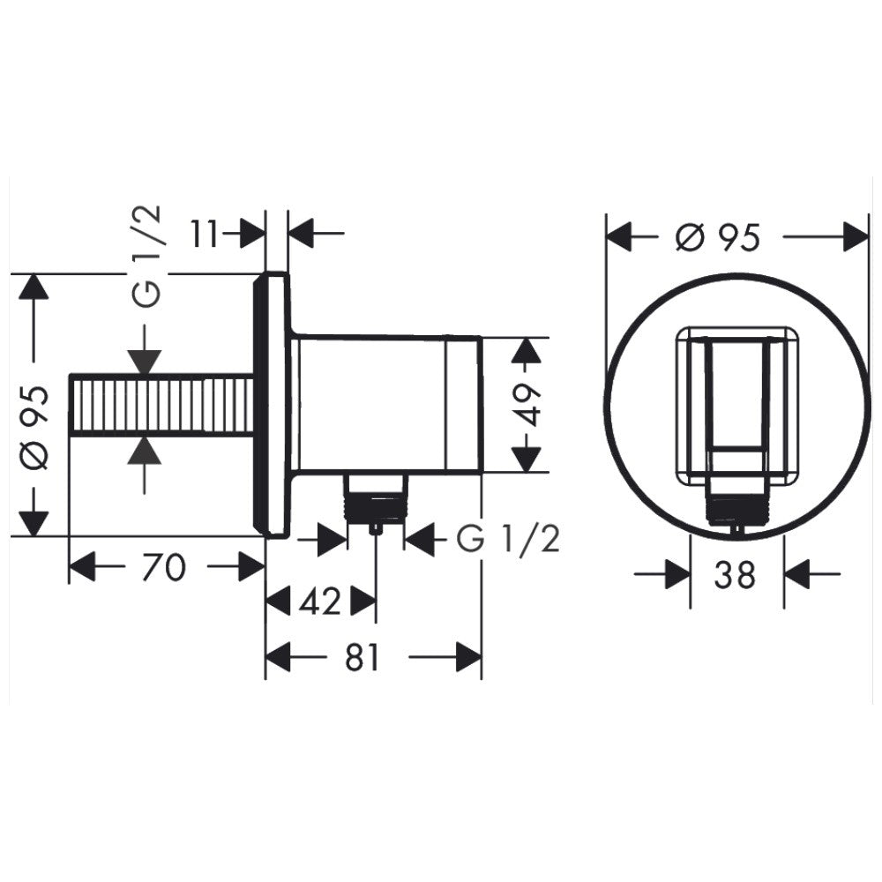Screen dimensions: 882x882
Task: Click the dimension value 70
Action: pyautogui.click(x=163, y=566)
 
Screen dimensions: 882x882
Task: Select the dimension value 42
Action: pyautogui.click(x=320, y=602)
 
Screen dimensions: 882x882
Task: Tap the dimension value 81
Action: pyautogui.click(x=363, y=657)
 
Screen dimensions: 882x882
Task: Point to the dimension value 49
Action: pyautogui.click(x=527, y=405)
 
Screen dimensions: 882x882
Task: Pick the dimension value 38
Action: pyautogui.click(x=736, y=575)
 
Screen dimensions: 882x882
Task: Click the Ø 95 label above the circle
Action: pyautogui.click(x=717, y=236)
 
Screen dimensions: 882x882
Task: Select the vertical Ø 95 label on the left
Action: pyautogui.click(x=35, y=428)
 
